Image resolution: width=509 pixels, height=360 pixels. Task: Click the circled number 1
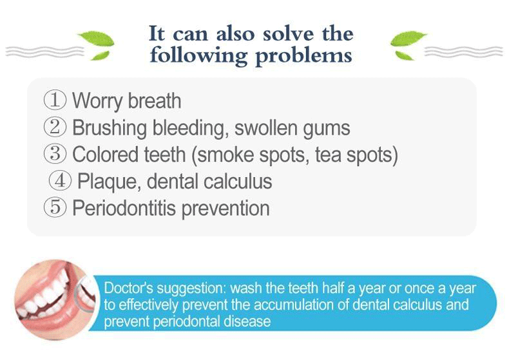pyautogui.click(x=55, y=100)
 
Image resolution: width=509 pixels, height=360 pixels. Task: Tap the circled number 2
pyautogui.click(x=55, y=127)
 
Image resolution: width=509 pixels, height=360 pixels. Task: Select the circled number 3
pyautogui.click(x=55, y=154)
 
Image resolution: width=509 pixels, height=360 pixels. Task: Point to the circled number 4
pyautogui.click(x=60, y=181)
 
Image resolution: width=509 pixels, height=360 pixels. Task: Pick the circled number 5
pyautogui.click(x=55, y=207)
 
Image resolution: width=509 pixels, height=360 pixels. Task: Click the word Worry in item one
pyautogui.click(x=97, y=102)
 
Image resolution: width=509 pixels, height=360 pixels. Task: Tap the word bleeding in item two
pyautogui.click(x=189, y=128)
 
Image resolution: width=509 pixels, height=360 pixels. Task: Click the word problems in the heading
pyautogui.click(x=303, y=57)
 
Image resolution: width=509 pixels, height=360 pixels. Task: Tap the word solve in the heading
pyautogui.click(x=288, y=33)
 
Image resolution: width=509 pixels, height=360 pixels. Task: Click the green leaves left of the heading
pyautogui.click(x=97, y=45)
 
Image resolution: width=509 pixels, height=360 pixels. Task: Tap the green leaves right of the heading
pyautogui.click(x=408, y=45)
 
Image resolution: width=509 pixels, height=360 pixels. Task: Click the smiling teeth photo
pyautogui.click(x=56, y=299)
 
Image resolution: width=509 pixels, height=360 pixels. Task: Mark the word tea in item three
pyautogui.click(x=328, y=155)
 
